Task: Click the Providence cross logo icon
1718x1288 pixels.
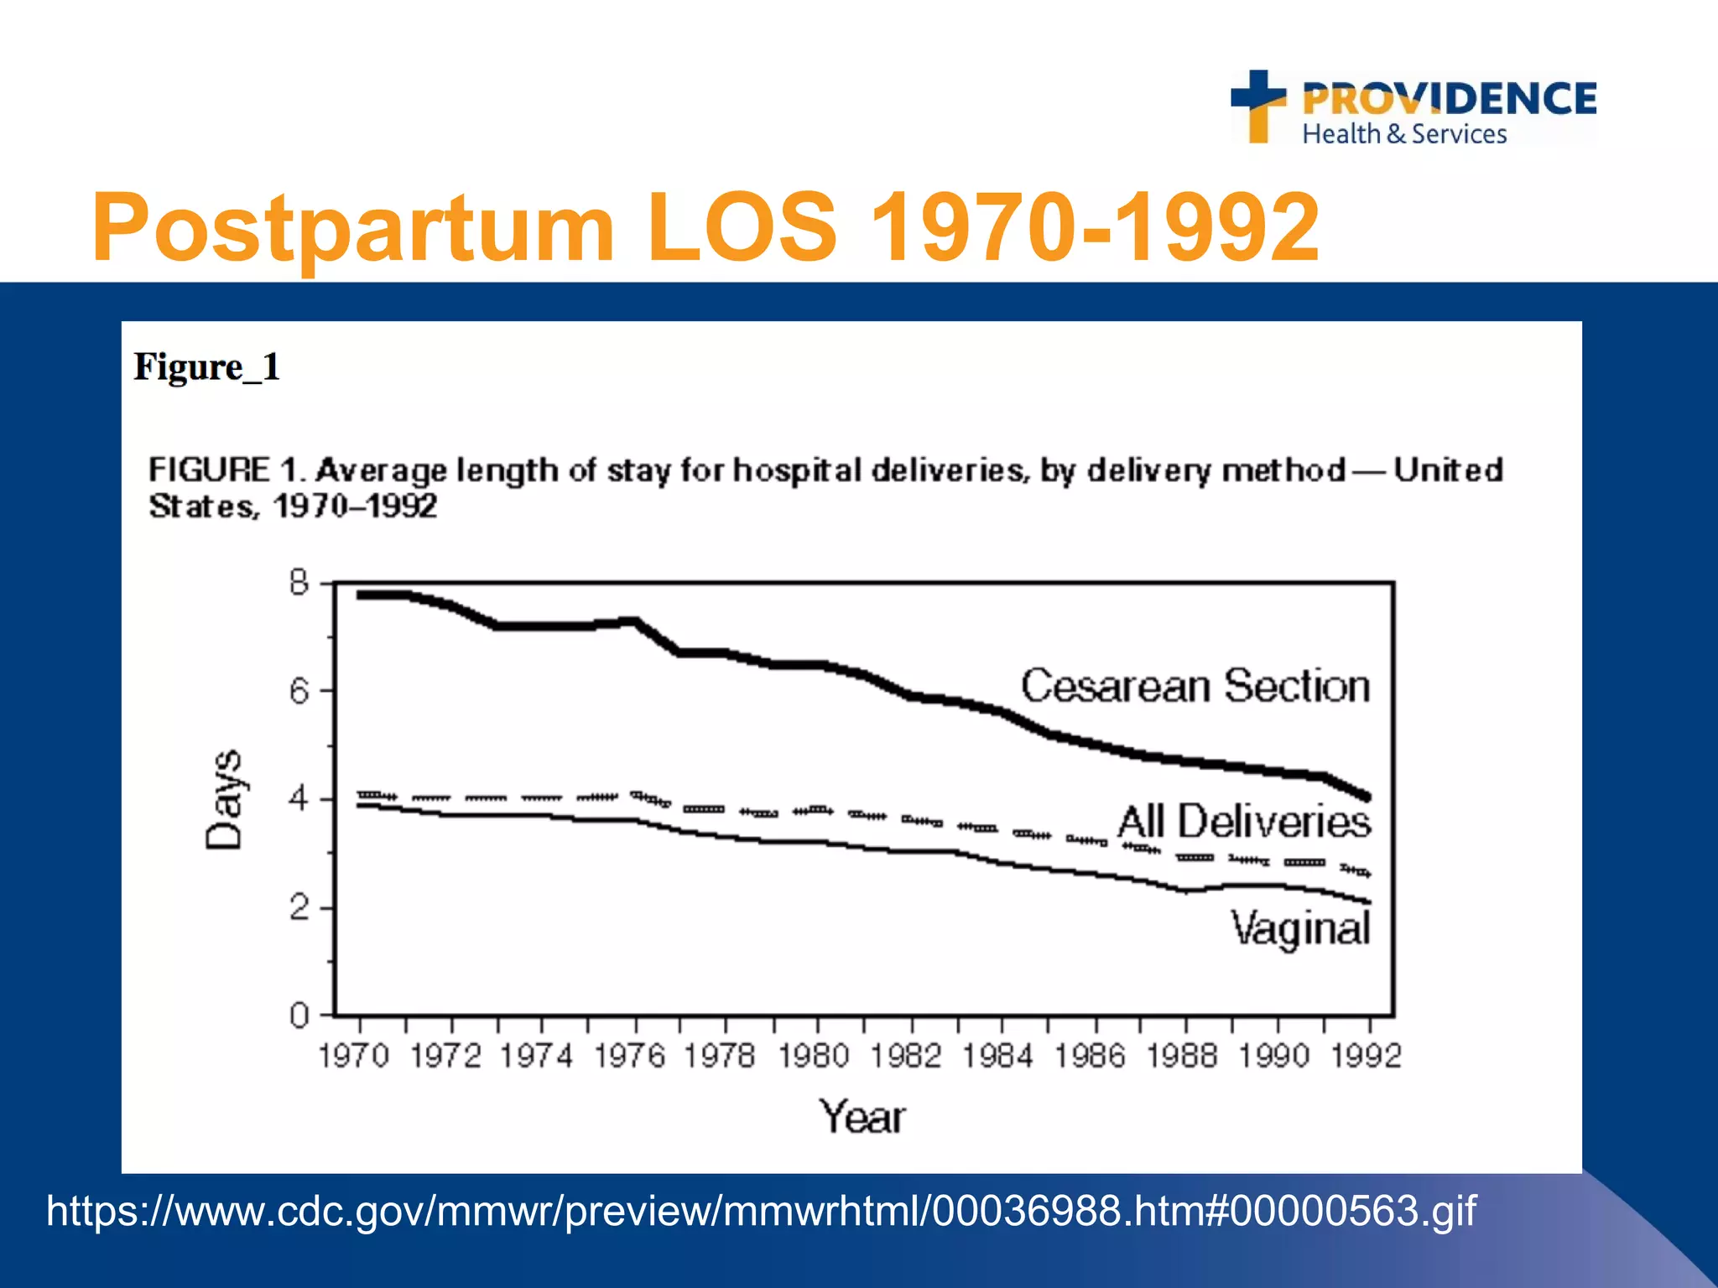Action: [x=1258, y=105]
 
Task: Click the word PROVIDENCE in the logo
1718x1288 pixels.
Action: [x=1449, y=99]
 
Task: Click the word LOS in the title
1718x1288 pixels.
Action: [x=742, y=226]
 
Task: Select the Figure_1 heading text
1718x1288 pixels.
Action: [x=206, y=367]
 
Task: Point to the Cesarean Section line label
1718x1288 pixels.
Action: [x=1195, y=686]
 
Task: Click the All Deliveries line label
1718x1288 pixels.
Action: [x=1244, y=821]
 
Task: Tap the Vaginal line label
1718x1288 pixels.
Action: [x=1299, y=929]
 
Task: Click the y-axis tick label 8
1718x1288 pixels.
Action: [x=299, y=582]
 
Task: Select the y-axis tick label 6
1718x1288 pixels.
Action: [x=299, y=691]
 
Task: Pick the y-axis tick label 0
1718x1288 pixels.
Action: [x=299, y=1016]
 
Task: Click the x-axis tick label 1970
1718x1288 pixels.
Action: [x=354, y=1056]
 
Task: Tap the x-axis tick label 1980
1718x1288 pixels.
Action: [x=814, y=1056]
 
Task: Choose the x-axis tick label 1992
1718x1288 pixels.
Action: [x=1367, y=1056]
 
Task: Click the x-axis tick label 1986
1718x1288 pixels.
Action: [x=1090, y=1056]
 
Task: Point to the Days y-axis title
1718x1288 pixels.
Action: [x=224, y=799]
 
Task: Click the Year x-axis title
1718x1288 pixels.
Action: [x=862, y=1117]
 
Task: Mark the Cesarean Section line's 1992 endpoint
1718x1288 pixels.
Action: [x=1367, y=797]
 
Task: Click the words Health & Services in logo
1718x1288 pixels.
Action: [x=1404, y=134]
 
